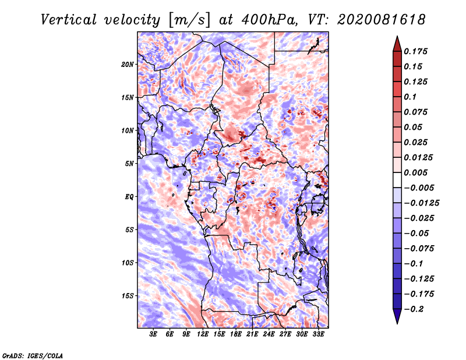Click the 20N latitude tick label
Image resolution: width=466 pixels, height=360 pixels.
click(128, 65)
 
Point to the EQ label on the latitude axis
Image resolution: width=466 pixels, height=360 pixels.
click(129, 197)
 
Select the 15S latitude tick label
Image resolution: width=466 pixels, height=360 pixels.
click(128, 296)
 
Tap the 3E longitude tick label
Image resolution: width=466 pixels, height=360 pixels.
click(153, 334)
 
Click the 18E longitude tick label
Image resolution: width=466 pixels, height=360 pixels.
click(236, 334)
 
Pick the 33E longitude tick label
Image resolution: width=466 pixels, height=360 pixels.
click(318, 334)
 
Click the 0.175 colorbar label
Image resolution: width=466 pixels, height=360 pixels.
click(416, 51)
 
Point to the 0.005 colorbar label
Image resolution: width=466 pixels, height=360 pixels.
click(416, 172)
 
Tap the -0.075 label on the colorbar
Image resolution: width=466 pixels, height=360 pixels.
click(419, 249)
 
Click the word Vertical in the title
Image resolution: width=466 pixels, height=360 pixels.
click(69, 20)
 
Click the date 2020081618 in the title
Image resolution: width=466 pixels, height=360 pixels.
click(382, 20)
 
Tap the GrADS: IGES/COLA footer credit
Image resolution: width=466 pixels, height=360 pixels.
click(33, 355)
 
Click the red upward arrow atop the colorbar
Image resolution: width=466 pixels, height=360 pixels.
click(397, 44)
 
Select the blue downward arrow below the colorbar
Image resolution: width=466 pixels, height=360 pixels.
click(397, 316)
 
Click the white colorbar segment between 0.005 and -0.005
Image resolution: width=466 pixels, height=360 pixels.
click(397, 180)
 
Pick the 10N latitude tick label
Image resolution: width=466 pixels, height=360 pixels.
click(128, 130)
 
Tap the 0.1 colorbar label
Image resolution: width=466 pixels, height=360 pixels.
click(411, 97)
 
